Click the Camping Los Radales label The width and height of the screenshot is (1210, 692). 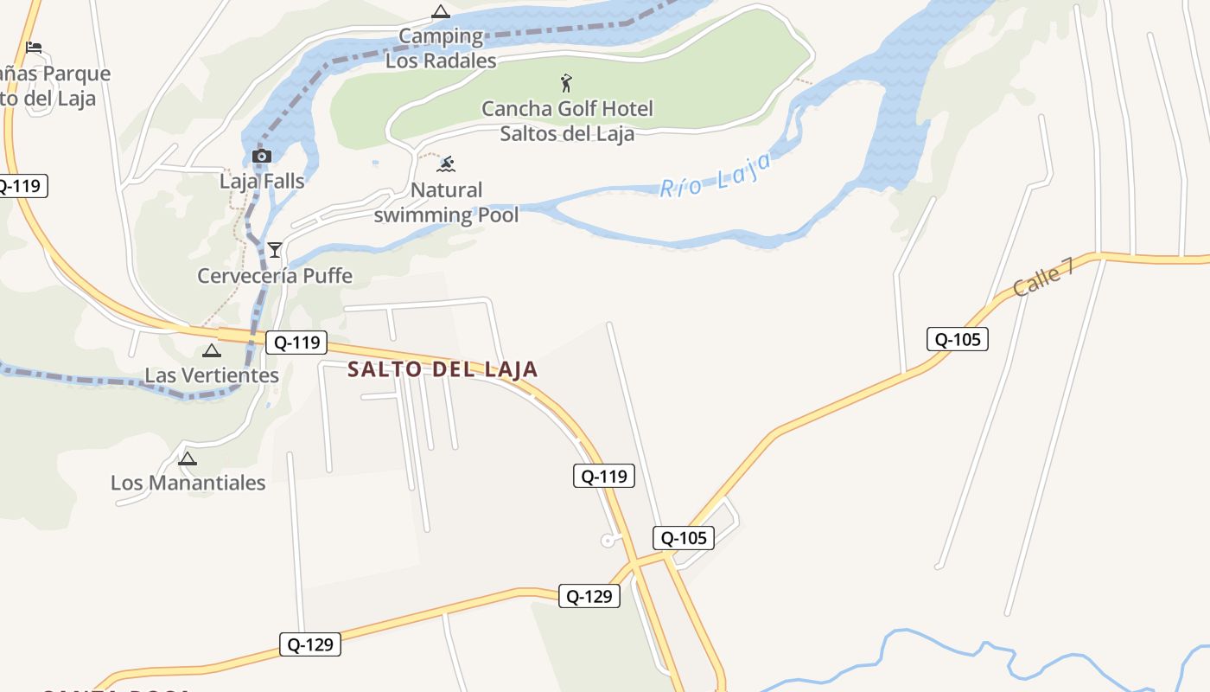pyautogui.click(x=441, y=48)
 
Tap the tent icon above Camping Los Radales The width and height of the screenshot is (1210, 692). pyautogui.click(x=441, y=12)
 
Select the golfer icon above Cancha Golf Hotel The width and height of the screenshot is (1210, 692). pyautogui.click(x=566, y=83)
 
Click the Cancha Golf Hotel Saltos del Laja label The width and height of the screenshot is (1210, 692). pyautogui.click(x=567, y=121)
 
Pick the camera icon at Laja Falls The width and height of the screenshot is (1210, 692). pyautogui.click(x=261, y=156)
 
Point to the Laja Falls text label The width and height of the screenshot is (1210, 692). pyautogui.click(x=262, y=181)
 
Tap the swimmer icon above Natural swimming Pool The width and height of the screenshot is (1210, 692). pyautogui.click(x=446, y=164)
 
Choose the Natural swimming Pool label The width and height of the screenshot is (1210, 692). pyautogui.click(x=446, y=202)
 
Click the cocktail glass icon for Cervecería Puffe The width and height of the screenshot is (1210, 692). pyautogui.click(x=275, y=250)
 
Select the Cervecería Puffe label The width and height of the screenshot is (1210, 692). pyautogui.click(x=275, y=276)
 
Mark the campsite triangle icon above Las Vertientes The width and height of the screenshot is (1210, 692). pyautogui.click(x=212, y=350)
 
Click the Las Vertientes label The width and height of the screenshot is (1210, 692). pyautogui.click(x=212, y=375)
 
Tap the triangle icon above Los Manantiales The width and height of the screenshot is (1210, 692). pyautogui.click(x=188, y=458)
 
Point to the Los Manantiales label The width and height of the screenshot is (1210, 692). pyautogui.click(x=188, y=483)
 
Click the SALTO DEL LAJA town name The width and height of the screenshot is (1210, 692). pyautogui.click(x=443, y=369)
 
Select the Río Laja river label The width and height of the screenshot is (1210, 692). pyautogui.click(x=715, y=176)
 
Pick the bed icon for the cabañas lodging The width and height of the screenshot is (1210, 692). pyautogui.click(x=34, y=47)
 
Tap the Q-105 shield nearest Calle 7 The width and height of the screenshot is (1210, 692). pyautogui.click(x=957, y=339)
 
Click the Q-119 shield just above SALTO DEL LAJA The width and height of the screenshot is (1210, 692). pyautogui.click(x=296, y=343)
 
